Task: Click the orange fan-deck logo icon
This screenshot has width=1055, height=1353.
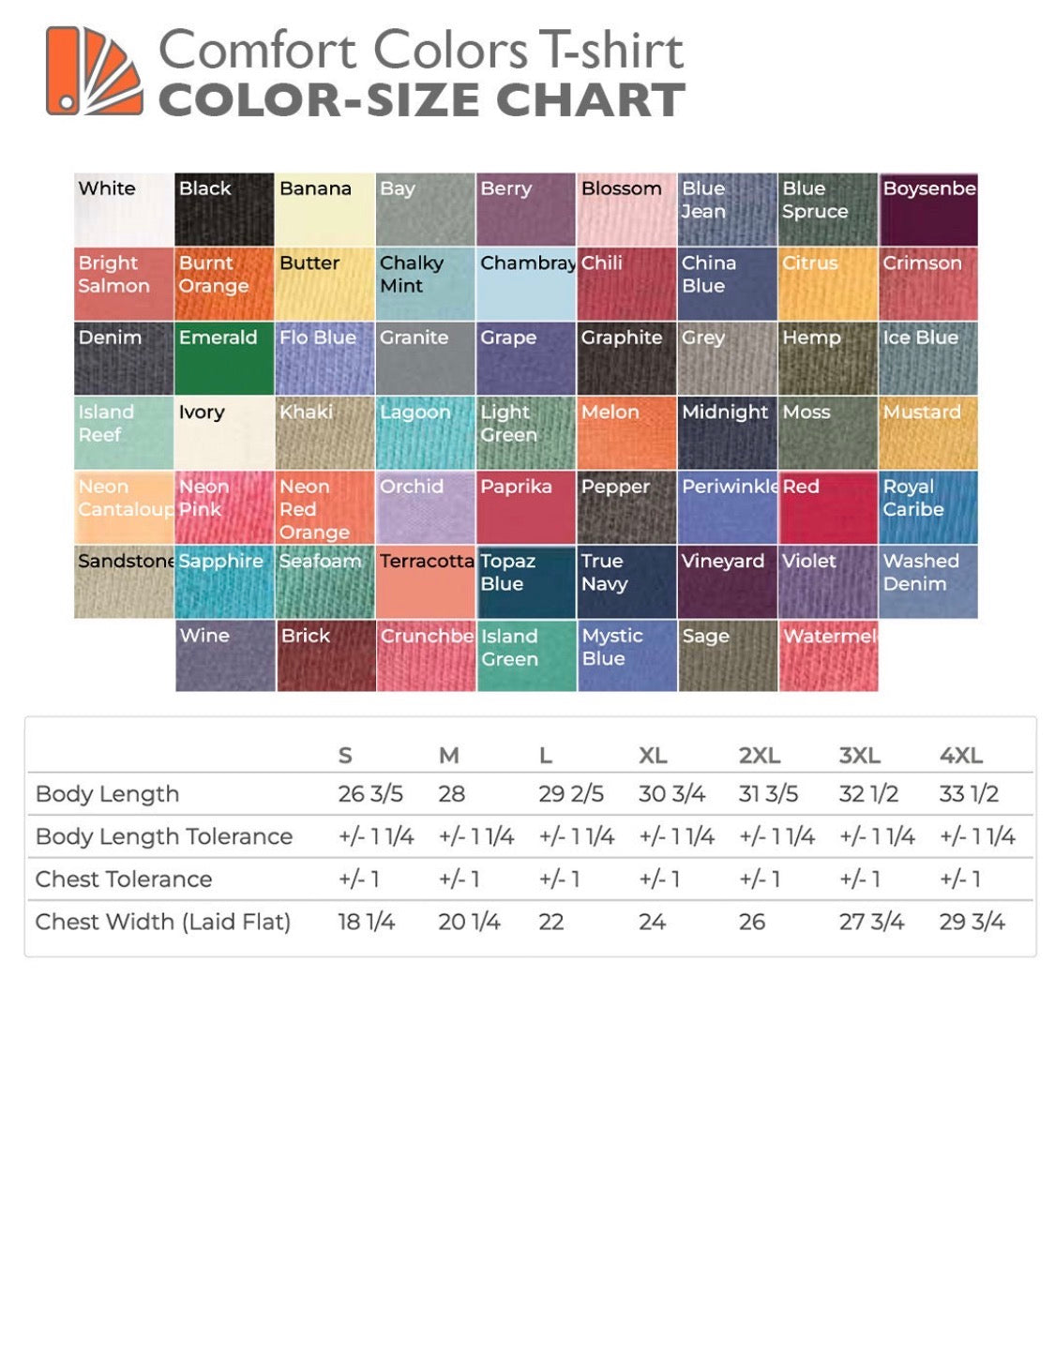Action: [94, 71]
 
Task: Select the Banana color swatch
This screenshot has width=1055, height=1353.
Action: [324, 209]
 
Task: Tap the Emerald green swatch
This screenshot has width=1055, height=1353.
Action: [224, 358]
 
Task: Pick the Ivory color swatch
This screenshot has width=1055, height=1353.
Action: [224, 432]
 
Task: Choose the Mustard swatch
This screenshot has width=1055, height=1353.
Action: [927, 432]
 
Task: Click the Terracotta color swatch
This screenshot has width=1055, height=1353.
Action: [426, 581]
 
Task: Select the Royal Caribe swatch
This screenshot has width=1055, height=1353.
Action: [927, 507]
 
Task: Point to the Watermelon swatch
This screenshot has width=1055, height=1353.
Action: [828, 655]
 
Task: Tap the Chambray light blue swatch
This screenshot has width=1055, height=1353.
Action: [526, 283]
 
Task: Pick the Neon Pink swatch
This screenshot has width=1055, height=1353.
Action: [224, 507]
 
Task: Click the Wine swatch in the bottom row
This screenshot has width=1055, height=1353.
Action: [225, 655]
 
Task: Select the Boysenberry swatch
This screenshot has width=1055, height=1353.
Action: [927, 209]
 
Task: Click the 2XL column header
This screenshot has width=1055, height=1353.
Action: [759, 756]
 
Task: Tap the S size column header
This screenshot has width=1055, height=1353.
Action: [345, 756]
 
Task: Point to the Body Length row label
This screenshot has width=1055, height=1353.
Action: [107, 794]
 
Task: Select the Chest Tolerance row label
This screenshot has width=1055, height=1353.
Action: [124, 879]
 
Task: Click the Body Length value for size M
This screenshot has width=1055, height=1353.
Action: [451, 794]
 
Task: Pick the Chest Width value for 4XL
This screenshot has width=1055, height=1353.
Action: [972, 923]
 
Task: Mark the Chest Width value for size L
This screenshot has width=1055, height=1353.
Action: [551, 923]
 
